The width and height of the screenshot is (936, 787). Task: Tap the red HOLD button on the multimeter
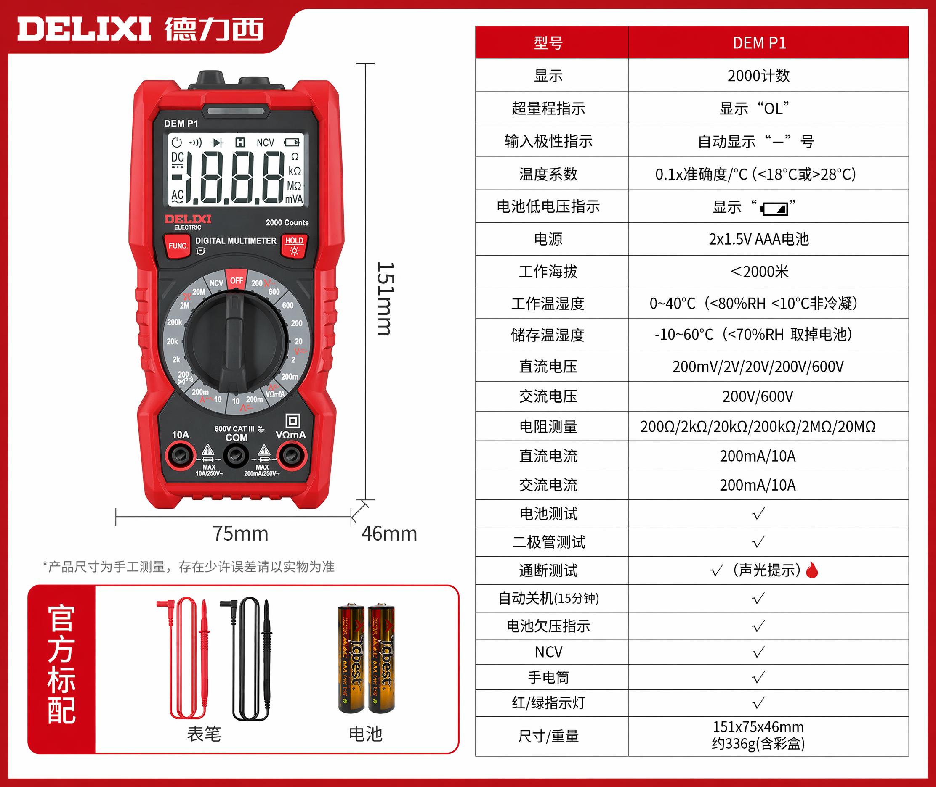point(294,246)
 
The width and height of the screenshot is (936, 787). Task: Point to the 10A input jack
point(180,456)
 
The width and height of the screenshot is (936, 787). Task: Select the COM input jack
point(236,456)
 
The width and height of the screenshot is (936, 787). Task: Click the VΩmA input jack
point(292,456)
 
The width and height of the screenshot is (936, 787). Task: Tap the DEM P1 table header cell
point(768,42)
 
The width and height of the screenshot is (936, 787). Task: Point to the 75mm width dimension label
point(240,533)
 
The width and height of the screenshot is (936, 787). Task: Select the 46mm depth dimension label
point(389,533)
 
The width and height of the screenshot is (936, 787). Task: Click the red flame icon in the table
point(812,570)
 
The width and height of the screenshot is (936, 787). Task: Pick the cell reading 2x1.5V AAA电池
point(759,239)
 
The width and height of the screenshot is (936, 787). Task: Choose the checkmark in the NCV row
point(758,652)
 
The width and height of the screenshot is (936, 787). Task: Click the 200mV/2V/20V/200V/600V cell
point(758,367)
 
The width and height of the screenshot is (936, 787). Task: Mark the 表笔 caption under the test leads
point(204,734)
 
